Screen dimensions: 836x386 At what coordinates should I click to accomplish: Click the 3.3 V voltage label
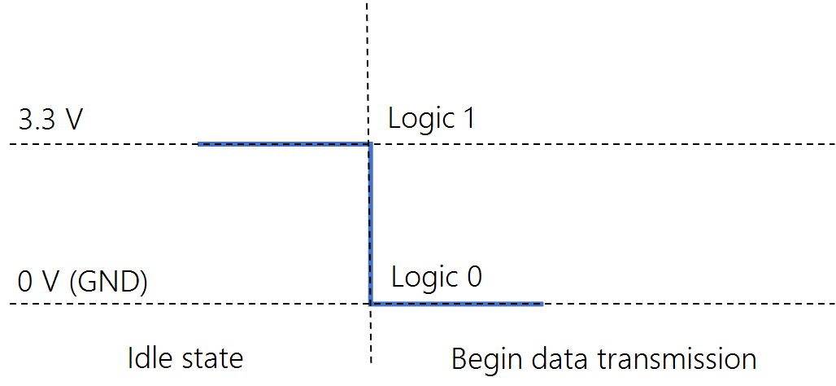coord(50,120)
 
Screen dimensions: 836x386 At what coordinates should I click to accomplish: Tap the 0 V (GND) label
coord(83,282)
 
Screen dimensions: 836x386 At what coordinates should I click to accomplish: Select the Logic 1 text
coord(431,119)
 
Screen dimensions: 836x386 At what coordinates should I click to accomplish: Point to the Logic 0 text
coord(437,278)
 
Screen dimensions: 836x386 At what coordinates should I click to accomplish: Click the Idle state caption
coord(185,358)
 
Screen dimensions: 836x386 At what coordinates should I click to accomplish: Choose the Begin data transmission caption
coord(603,358)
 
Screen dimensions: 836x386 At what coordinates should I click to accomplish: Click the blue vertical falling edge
coord(370,224)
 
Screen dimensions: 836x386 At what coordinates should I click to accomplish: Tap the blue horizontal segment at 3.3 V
coord(284,144)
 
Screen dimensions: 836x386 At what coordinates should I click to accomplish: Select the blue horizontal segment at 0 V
coord(456,304)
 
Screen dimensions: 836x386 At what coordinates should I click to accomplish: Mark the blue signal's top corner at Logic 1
coord(370,144)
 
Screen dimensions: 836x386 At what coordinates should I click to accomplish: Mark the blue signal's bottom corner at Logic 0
coord(370,304)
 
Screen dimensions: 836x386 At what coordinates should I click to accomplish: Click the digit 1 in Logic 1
coord(467,119)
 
